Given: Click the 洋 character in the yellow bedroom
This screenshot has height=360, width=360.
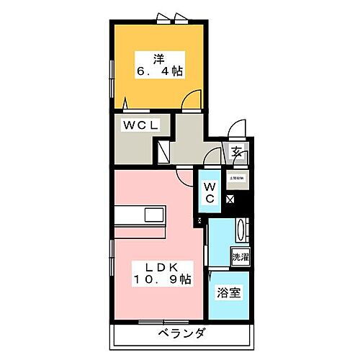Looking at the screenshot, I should tap(157, 57).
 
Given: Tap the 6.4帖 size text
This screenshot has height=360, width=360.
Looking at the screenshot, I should tap(157, 71).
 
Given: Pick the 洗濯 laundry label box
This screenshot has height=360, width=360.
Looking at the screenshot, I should tap(239, 256).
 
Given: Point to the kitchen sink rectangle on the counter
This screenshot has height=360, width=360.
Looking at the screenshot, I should tap(153, 215).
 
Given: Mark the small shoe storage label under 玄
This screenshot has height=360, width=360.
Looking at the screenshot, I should tap(236, 177).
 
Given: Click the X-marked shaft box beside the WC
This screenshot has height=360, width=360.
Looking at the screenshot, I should tap(230, 199).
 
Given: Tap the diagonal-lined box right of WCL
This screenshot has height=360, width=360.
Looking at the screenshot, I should tap(163, 150).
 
